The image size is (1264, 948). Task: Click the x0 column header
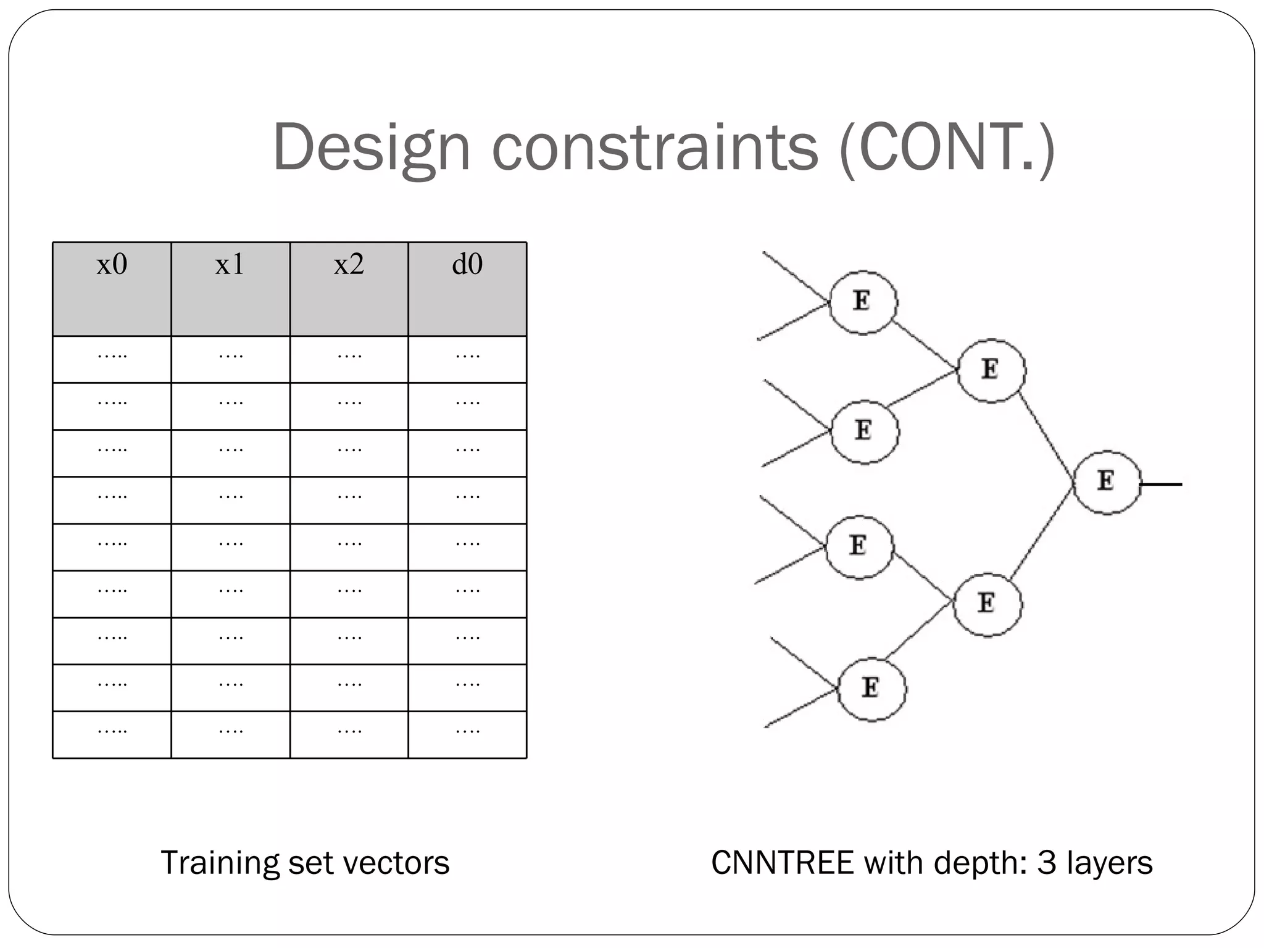(x=112, y=265)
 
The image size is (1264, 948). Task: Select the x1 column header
(x=230, y=265)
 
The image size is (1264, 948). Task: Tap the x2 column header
(x=349, y=265)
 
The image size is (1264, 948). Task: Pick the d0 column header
(x=467, y=265)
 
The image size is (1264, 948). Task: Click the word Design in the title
(x=372, y=149)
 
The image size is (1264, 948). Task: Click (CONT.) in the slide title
(x=947, y=149)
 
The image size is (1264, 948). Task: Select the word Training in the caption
(x=220, y=863)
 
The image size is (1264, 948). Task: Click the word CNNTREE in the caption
(x=782, y=863)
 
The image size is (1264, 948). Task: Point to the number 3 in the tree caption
(x=1046, y=863)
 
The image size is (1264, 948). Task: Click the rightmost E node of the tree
(x=1107, y=482)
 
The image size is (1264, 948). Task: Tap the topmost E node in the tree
(x=863, y=302)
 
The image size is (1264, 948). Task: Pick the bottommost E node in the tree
(x=871, y=689)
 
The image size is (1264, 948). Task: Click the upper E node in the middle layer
(x=991, y=370)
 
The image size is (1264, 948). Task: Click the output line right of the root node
(x=1162, y=484)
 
